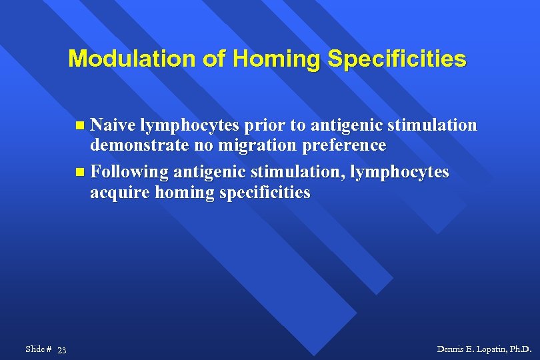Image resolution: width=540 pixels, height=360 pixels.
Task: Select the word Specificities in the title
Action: (397, 59)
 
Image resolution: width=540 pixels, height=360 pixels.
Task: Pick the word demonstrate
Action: (139, 145)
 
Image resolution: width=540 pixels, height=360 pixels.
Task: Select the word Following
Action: (129, 172)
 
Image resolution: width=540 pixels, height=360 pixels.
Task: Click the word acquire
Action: (120, 193)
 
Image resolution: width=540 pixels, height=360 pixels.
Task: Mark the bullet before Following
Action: (80, 173)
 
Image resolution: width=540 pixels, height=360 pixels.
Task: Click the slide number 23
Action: (61, 350)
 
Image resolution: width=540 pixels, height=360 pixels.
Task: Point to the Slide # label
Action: (38, 349)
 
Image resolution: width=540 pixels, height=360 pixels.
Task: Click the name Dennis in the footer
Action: (451, 349)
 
